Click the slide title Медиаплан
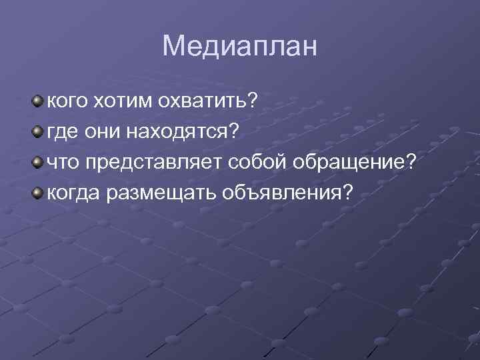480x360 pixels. tap(240, 46)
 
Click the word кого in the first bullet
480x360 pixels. tap(65, 101)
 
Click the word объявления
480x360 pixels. tap(277, 193)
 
